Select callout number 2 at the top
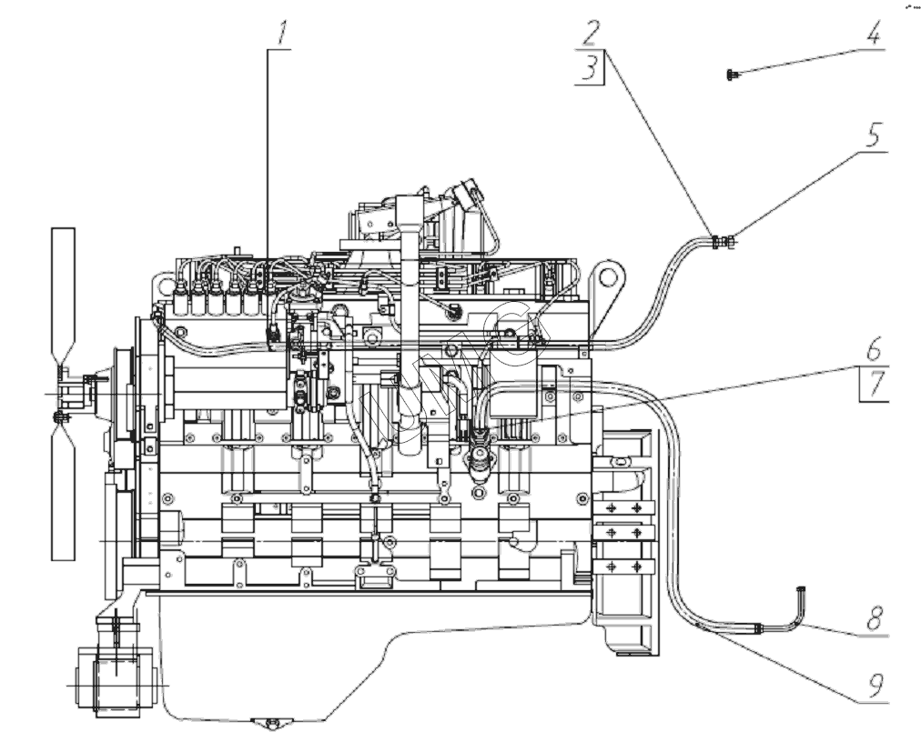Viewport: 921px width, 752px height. point(592,34)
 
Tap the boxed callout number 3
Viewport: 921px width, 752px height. point(591,68)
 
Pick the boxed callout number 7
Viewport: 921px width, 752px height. point(874,384)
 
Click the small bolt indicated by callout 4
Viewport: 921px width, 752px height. point(731,75)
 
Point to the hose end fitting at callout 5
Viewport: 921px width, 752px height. point(724,242)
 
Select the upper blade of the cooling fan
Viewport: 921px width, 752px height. point(64,291)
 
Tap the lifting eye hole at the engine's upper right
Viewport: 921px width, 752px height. point(608,273)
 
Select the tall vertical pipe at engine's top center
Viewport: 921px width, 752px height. point(407,300)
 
